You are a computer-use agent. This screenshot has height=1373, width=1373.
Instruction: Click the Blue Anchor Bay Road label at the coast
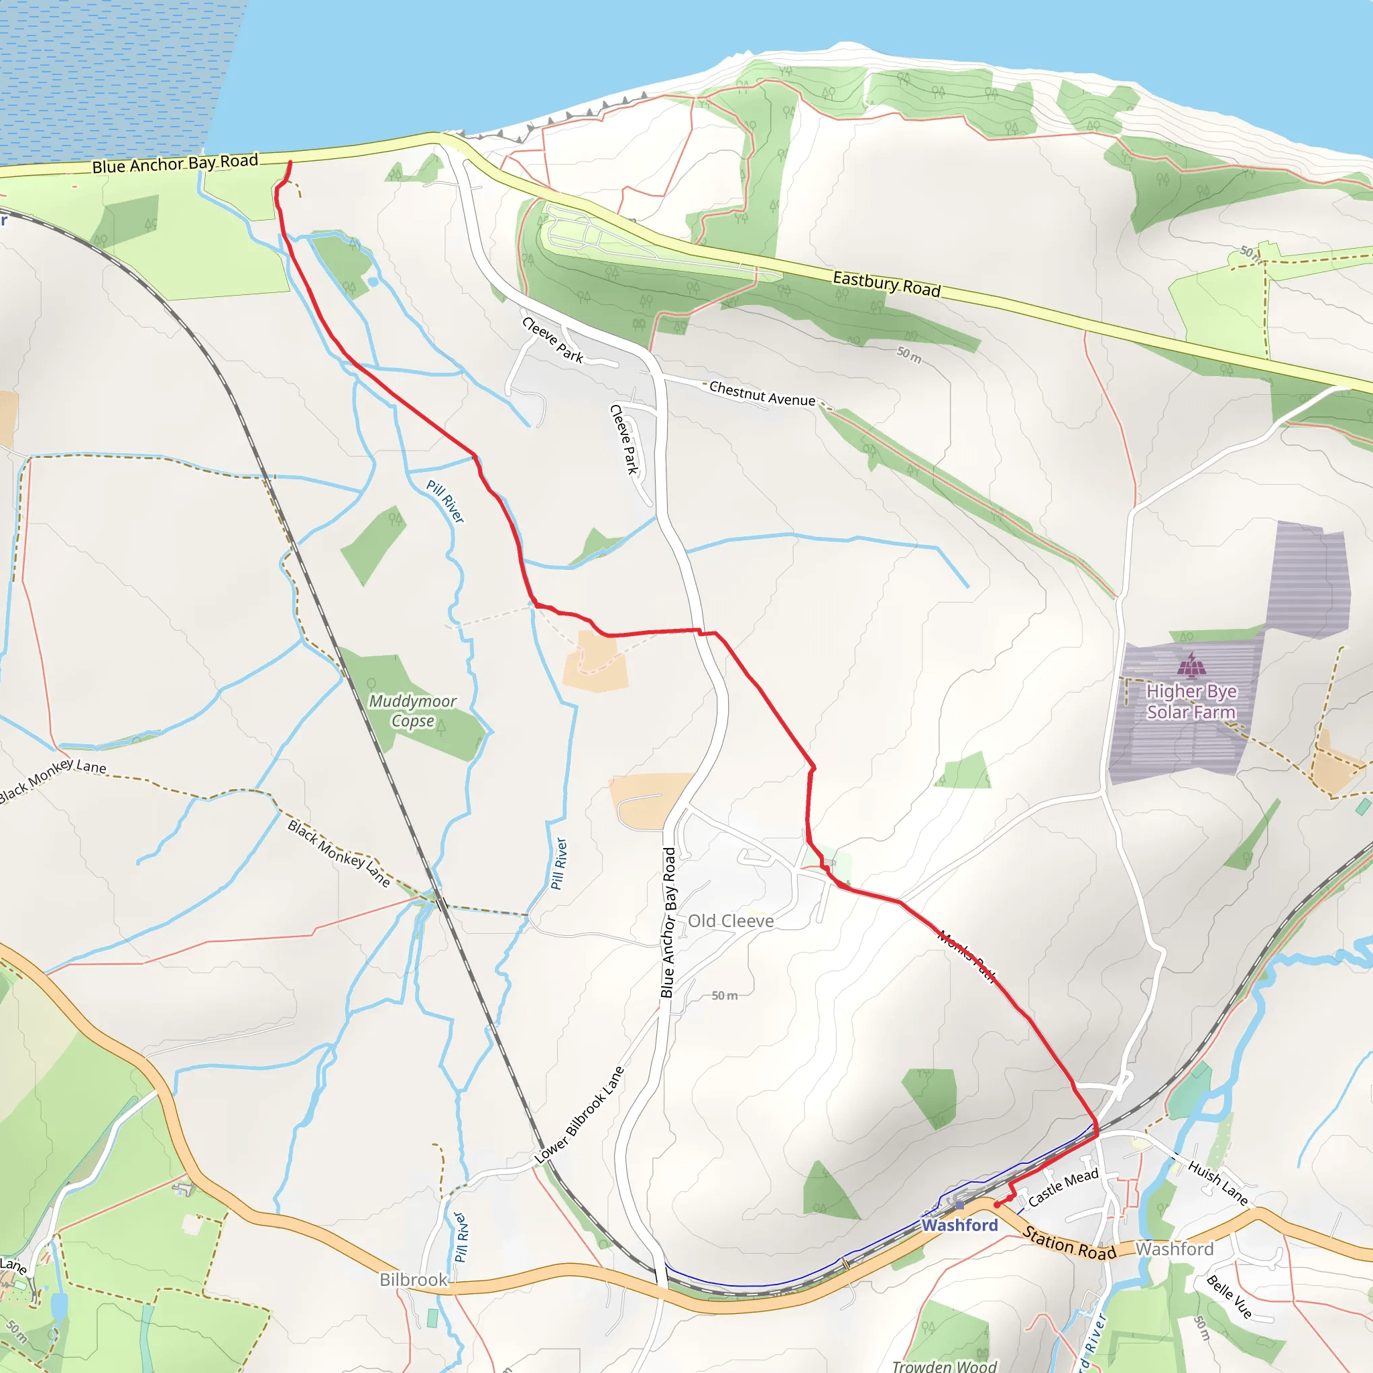pos(175,164)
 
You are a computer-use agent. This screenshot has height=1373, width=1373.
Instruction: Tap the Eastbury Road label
pos(886,284)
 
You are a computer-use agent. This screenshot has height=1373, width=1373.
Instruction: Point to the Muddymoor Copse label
pos(412,711)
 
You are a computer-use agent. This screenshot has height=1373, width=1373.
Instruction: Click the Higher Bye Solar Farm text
pos(1191,701)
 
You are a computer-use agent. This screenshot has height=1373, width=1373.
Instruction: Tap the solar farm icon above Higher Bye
pos(1191,666)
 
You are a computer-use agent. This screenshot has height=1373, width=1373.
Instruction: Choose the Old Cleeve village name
pos(731,921)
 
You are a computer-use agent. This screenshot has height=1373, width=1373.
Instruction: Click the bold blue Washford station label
pos(959,1226)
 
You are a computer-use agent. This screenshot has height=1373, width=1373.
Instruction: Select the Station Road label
pos(1069,1243)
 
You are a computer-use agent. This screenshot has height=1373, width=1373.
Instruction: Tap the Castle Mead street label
pos(1063,1187)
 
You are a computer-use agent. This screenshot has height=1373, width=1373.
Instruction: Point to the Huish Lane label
pos(1217,1183)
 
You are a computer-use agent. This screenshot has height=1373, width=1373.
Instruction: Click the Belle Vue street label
pos(1229,1297)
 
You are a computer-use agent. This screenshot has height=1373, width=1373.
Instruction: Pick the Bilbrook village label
pos(413,1280)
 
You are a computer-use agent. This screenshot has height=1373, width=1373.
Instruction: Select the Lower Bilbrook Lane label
pos(579,1115)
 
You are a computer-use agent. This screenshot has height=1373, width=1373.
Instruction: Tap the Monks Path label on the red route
pos(967,956)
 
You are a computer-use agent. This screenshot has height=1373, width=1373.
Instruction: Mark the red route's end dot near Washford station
pos(997,1205)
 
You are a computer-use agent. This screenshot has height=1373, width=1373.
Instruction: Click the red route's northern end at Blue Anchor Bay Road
pos(290,164)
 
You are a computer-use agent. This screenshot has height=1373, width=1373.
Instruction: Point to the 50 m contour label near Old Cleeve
pos(724,996)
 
